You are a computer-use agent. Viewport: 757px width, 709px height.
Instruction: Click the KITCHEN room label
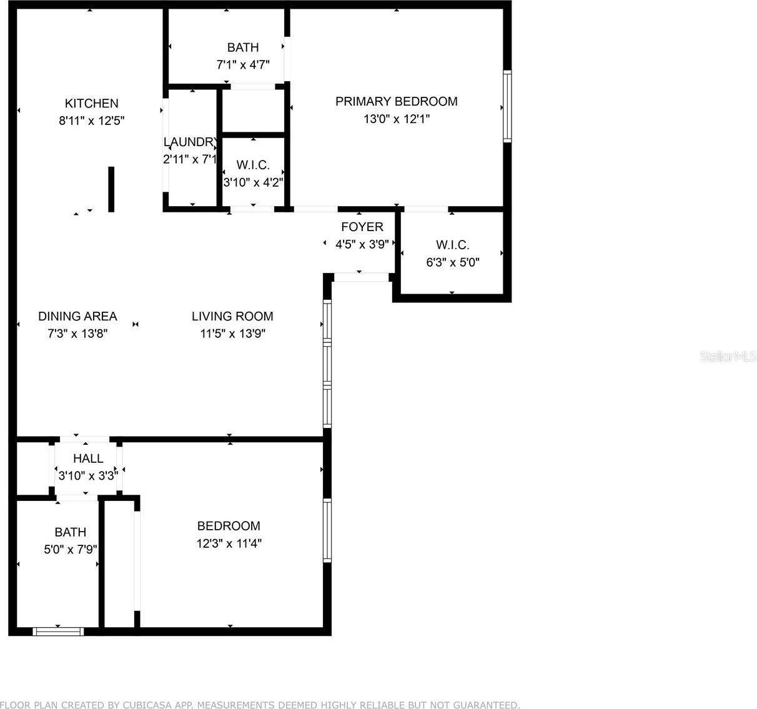[91, 104]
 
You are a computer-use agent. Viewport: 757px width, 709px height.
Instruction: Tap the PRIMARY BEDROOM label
[396, 101]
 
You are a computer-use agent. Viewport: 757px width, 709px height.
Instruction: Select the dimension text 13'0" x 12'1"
[396, 119]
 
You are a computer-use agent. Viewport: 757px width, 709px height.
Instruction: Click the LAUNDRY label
[190, 142]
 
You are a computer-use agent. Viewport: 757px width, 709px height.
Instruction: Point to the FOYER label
[362, 227]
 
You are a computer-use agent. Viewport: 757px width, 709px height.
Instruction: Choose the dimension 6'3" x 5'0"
[452, 262]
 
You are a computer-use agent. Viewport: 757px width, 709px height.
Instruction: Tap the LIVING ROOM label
[232, 316]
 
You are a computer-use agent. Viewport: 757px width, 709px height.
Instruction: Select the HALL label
[88, 459]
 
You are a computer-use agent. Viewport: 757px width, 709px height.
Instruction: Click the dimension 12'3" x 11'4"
[229, 543]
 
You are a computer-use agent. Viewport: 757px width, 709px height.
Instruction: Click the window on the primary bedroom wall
[507, 106]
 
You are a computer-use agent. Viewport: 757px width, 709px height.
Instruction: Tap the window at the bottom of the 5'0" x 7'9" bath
[58, 632]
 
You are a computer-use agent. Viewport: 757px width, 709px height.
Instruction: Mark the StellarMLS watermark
[728, 357]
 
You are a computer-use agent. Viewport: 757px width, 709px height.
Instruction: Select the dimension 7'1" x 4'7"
[242, 64]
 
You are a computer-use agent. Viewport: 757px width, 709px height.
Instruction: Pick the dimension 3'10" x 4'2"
[253, 182]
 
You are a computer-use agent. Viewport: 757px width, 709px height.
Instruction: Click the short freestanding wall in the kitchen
[111, 189]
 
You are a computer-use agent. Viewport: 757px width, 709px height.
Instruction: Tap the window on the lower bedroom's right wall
[327, 530]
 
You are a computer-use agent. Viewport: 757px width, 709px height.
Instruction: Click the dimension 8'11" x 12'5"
[92, 121]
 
